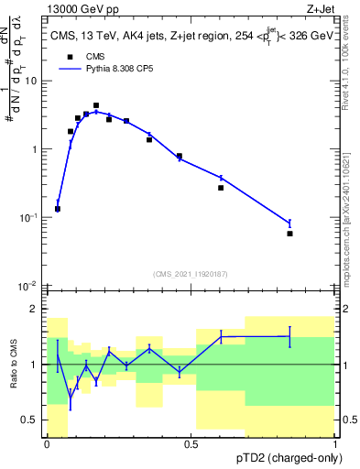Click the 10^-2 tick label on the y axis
[29, 286]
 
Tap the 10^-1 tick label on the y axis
[29, 218]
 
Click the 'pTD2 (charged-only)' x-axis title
[284, 456]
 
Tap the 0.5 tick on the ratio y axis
[32, 420]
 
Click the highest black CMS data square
[96, 105]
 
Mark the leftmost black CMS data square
[58, 209]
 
